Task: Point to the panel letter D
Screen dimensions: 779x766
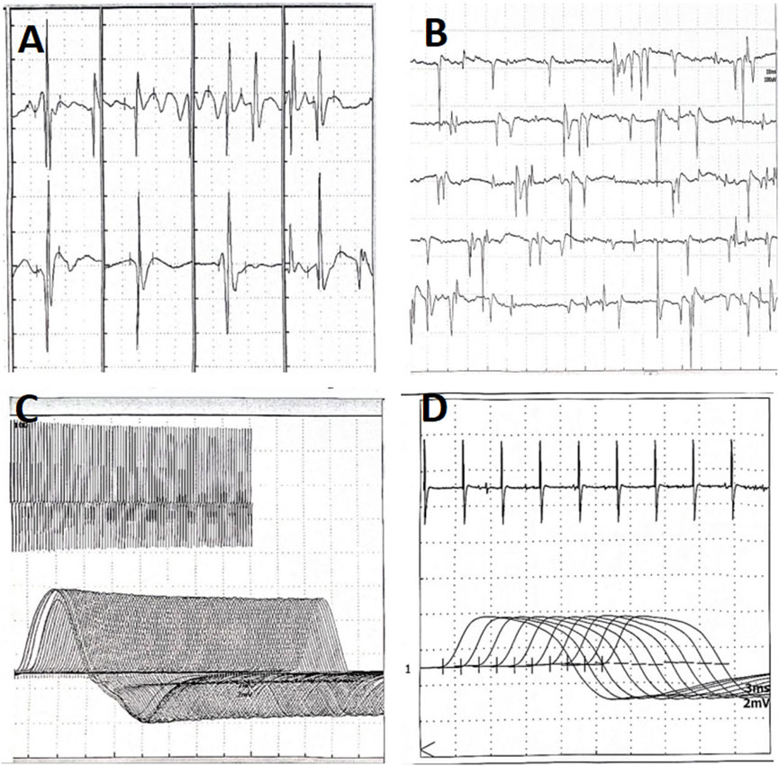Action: click(437, 410)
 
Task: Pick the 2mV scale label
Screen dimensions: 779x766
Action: click(756, 702)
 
